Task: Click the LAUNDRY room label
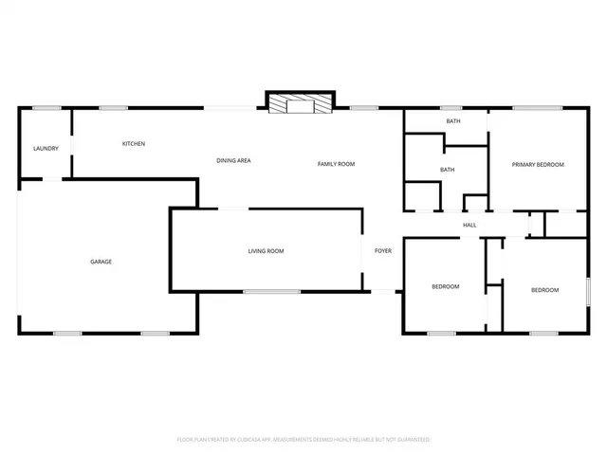[x=46, y=149]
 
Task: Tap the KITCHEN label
[x=133, y=144]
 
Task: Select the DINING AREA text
[x=233, y=161]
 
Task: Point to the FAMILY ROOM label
[x=336, y=164]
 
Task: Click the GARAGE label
[x=101, y=262]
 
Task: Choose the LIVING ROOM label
[x=267, y=251]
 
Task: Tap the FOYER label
[x=383, y=251]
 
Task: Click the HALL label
[x=469, y=225]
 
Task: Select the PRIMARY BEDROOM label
[x=538, y=165]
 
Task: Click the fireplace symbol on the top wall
[x=300, y=103]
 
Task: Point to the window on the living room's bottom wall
[x=272, y=292]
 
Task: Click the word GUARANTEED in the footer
[x=410, y=440]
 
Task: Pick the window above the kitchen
[x=114, y=108]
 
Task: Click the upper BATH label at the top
[x=453, y=121]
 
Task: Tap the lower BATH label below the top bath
[x=447, y=170]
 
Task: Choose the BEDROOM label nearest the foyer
[x=446, y=287]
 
